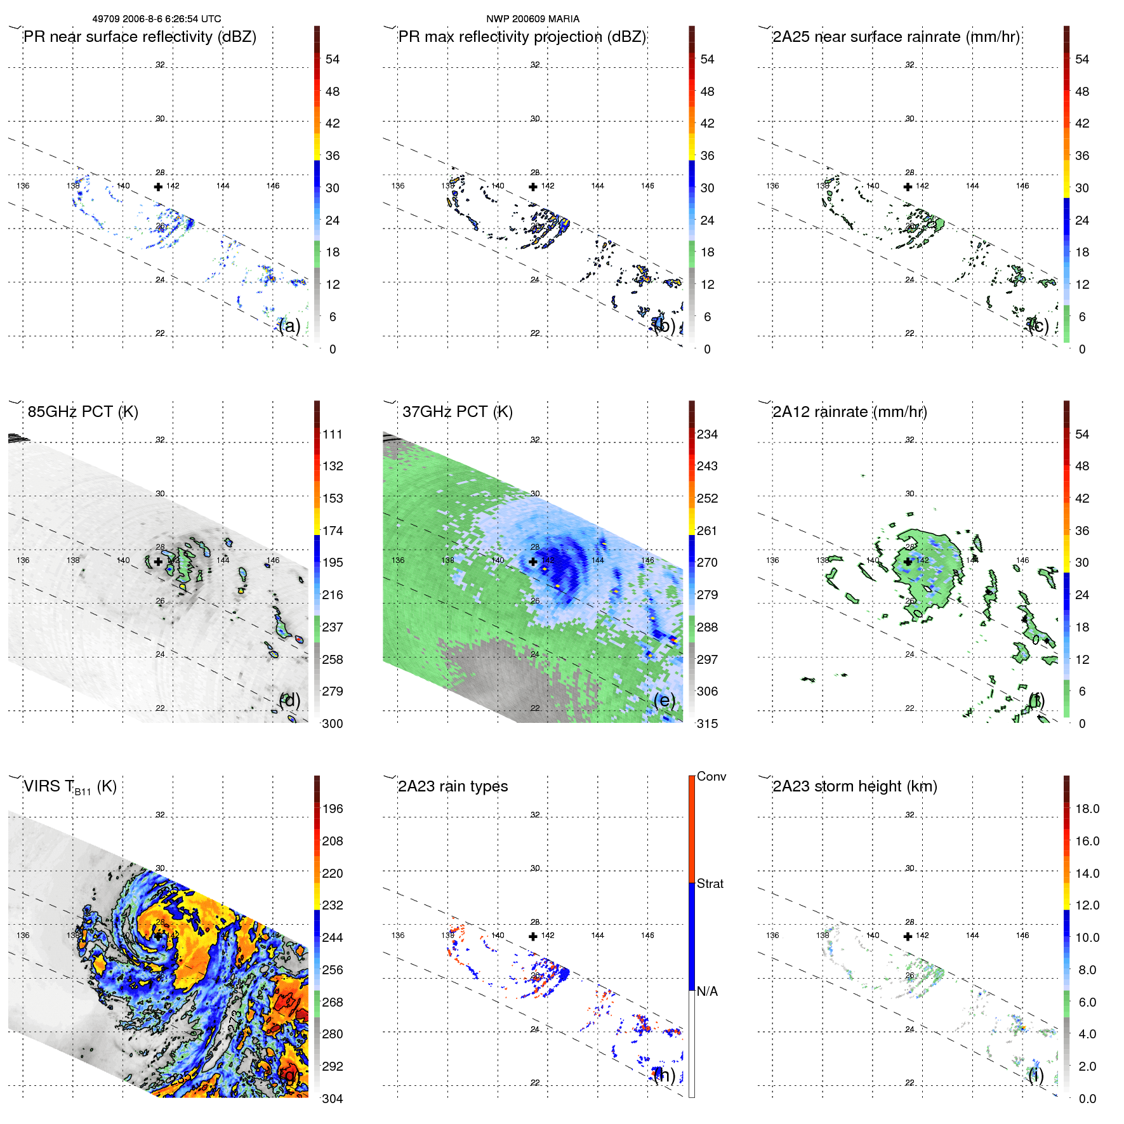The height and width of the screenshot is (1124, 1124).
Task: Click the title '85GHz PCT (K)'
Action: pyautogui.click(x=83, y=412)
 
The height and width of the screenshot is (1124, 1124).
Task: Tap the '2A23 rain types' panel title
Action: pyautogui.click(x=453, y=786)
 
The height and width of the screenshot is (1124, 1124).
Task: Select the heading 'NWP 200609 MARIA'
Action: pyautogui.click(x=532, y=19)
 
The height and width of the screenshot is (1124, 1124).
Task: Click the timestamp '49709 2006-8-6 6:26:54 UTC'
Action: pyautogui.click(x=157, y=19)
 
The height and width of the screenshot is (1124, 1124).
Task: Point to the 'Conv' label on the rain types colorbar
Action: pyautogui.click(x=711, y=777)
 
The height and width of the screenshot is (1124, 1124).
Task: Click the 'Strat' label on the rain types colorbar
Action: pyautogui.click(x=710, y=884)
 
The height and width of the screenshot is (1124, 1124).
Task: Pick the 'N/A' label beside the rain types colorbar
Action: pyautogui.click(x=707, y=991)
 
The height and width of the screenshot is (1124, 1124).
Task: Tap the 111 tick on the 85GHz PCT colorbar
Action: pyautogui.click(x=333, y=435)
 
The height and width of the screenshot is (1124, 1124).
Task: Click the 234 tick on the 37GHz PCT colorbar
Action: pyautogui.click(x=707, y=435)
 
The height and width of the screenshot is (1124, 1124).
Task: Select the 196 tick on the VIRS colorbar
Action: pyautogui.click(x=333, y=809)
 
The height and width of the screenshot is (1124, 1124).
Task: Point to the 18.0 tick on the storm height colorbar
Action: pyautogui.click(x=1087, y=809)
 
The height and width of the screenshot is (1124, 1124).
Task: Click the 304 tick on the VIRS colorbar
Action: pyautogui.click(x=333, y=1099)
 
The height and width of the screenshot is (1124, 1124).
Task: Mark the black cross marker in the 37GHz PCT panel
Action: pyautogui.click(x=533, y=562)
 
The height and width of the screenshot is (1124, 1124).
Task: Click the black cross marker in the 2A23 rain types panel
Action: pyautogui.click(x=533, y=936)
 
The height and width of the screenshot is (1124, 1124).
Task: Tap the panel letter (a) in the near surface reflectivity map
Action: pyautogui.click(x=289, y=326)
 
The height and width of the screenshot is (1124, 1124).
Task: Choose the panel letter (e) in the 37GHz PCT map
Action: pyautogui.click(x=664, y=700)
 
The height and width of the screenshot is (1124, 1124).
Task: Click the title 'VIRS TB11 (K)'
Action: pyautogui.click(x=70, y=787)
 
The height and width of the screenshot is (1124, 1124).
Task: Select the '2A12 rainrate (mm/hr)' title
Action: pyautogui.click(x=849, y=412)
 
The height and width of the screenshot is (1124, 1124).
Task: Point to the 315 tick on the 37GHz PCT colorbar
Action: pyautogui.click(x=707, y=724)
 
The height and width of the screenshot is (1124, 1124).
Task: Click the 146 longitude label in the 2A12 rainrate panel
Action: pyautogui.click(x=1022, y=560)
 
